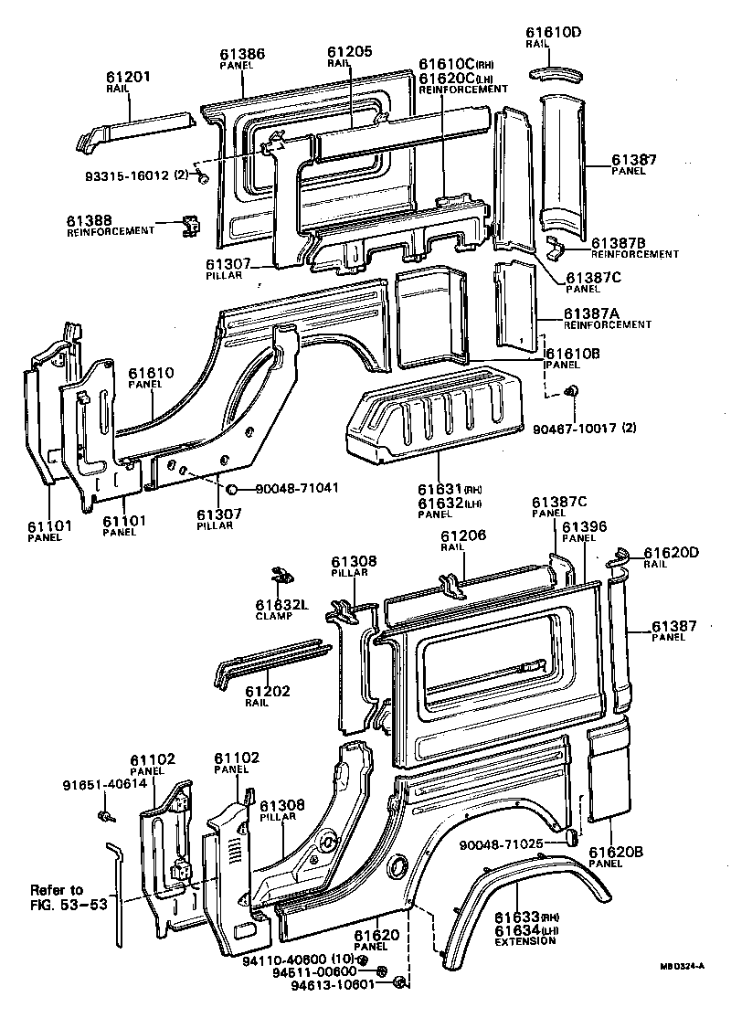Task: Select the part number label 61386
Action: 243,54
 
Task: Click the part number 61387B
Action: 618,241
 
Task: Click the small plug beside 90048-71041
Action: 232,488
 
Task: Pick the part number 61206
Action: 463,536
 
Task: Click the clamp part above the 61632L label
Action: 281,577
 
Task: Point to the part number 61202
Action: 267,691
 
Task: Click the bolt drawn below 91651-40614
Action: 106,815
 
